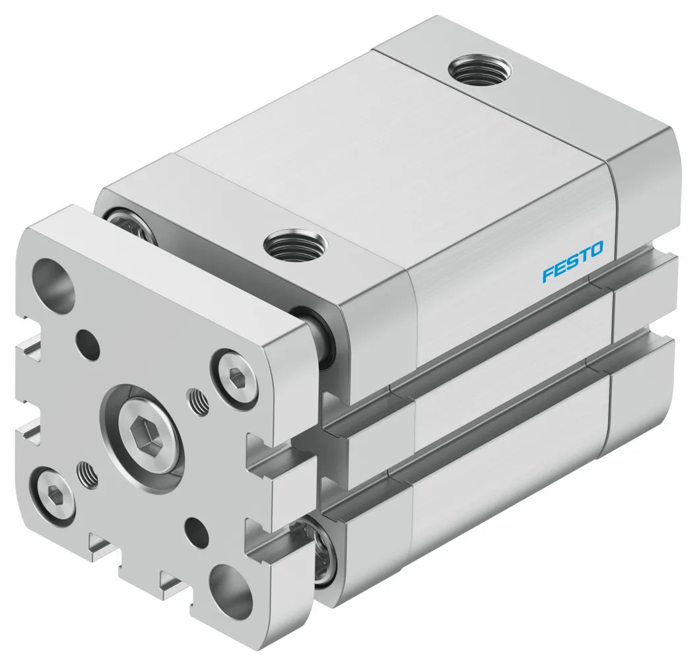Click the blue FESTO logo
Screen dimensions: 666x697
coord(572,261)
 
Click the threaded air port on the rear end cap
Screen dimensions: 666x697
coord(473,69)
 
